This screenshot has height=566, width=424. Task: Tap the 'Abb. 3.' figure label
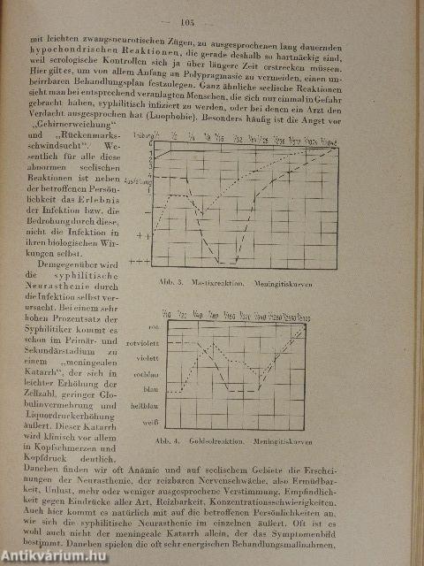tap(140, 280)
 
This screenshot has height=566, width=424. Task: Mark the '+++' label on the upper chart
tap(140, 263)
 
